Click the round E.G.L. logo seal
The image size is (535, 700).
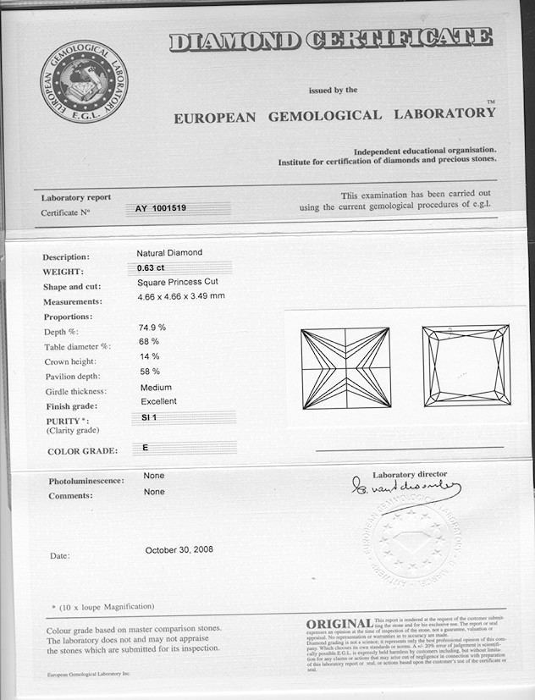pyautogui.click(x=84, y=81)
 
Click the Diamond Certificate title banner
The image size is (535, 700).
pyautogui.click(x=330, y=39)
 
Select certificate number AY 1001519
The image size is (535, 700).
pyautogui.click(x=161, y=208)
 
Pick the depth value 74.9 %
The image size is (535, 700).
pyautogui.click(x=152, y=327)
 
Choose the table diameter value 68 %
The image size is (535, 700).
pyautogui.click(x=149, y=341)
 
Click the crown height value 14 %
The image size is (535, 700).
pyautogui.click(x=149, y=356)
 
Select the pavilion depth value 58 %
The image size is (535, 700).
pyautogui.click(x=150, y=372)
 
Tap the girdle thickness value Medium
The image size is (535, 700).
pyautogui.click(x=156, y=388)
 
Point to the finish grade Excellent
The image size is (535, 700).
pyautogui.click(x=159, y=401)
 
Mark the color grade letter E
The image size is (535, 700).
pyautogui.click(x=146, y=447)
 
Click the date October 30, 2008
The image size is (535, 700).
pyautogui.click(x=179, y=549)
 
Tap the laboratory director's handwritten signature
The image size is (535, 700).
pyautogui.click(x=406, y=488)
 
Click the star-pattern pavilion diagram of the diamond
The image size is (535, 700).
pyautogui.click(x=345, y=367)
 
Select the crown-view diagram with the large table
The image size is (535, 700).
pyautogui.click(x=466, y=365)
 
